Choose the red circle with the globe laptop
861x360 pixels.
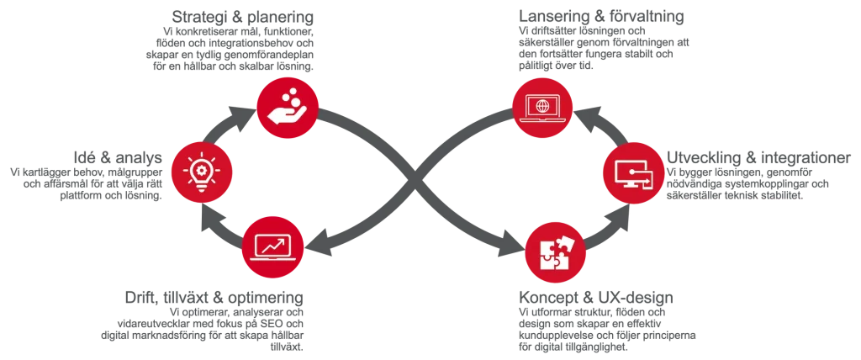542,107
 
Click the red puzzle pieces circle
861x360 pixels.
556,251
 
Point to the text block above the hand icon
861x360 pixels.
229,40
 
